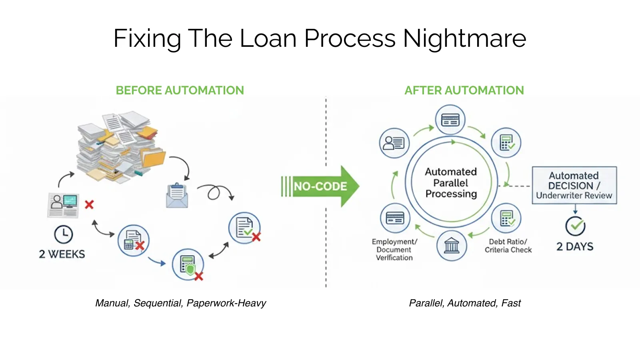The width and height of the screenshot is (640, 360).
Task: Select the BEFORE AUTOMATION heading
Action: [180, 90]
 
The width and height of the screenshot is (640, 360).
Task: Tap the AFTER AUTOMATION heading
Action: [464, 90]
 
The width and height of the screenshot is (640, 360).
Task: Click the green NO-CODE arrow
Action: [320, 186]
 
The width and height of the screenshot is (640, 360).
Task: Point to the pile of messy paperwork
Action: [120, 146]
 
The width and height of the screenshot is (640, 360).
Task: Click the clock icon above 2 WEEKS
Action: [63, 235]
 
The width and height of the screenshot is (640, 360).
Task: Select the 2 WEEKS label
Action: [62, 254]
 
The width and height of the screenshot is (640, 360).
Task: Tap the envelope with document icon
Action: [177, 196]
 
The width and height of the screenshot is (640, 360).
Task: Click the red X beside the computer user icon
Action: [89, 204]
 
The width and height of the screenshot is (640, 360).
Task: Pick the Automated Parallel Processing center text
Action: [451, 183]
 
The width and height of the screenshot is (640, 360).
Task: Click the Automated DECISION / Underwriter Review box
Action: [574, 185]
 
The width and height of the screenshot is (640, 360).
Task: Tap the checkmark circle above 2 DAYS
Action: [575, 226]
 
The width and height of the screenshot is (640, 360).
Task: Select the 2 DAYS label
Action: [575, 246]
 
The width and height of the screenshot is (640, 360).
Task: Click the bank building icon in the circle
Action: [452, 246]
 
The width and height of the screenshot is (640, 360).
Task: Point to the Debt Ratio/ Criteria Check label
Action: [508, 246]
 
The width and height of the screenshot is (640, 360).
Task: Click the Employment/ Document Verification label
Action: [394, 250]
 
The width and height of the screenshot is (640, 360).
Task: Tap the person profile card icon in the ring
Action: [394, 143]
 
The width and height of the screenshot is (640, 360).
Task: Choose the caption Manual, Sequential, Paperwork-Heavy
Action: [180, 303]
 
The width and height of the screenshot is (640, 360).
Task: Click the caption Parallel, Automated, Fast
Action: [464, 303]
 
